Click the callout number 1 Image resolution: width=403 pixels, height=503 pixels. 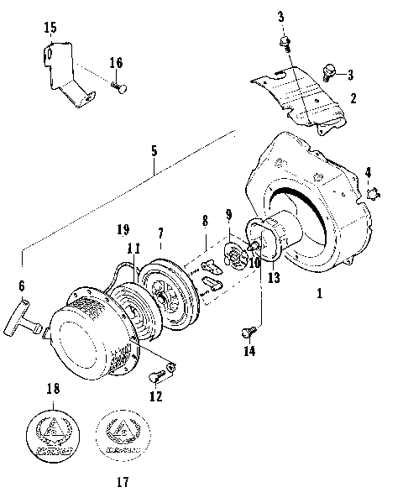coord(318,294)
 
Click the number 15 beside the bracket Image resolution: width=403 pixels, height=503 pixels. coord(50,29)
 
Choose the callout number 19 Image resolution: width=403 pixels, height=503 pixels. coord(123,228)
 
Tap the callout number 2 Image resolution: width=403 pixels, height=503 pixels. coord(353,98)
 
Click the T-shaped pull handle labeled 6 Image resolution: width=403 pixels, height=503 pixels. coord(31,316)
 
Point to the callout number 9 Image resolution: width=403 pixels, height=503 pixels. coord(229,215)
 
